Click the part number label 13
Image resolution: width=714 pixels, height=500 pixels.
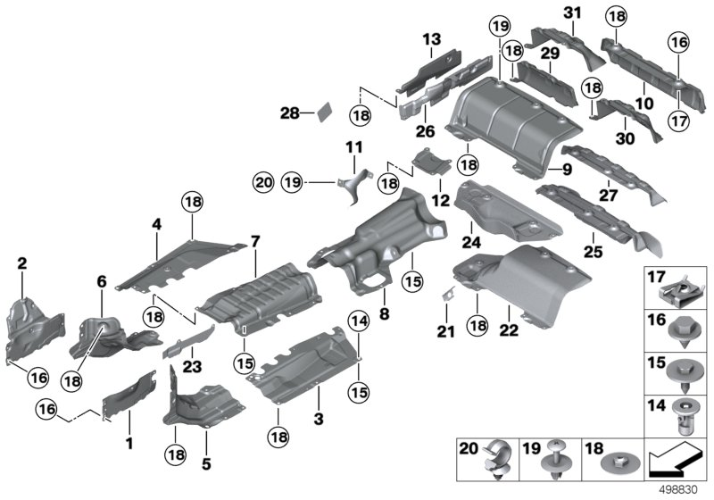432,39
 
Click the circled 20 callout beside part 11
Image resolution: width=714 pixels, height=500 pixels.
261,181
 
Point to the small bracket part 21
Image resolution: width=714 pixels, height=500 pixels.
448,294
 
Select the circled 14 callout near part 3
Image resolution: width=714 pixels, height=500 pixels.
358,321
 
